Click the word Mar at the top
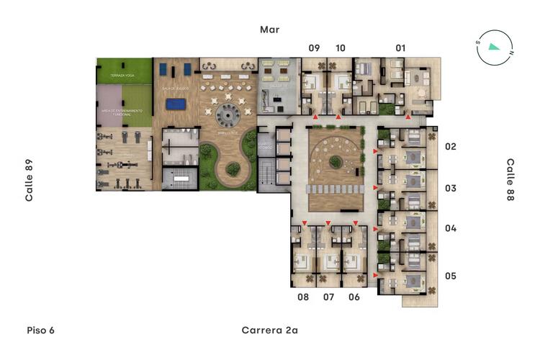coord(270,30)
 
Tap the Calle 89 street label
coord(30,180)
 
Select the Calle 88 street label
coord(510,180)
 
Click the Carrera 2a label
coord(269,330)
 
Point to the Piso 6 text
coord(40,330)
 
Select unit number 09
coord(314,48)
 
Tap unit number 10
coord(340,48)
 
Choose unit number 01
coord(400,48)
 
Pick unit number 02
coord(451,147)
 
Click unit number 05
coord(451,276)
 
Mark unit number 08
coord(303,297)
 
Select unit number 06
coord(354,297)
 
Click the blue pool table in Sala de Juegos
coord(174,104)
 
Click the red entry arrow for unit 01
coord(408,116)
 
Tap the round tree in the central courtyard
coord(336,161)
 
